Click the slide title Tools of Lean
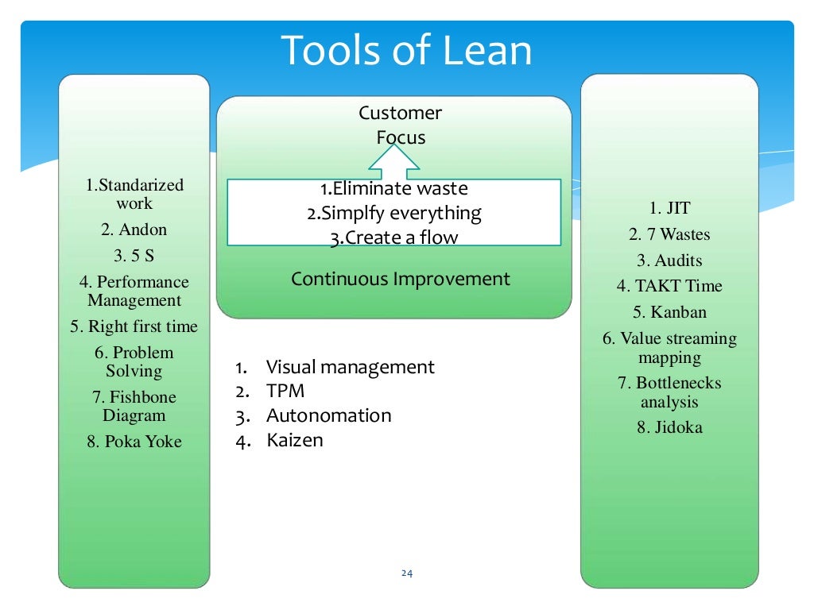click(x=406, y=52)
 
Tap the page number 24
click(x=408, y=573)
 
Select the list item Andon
click(x=134, y=230)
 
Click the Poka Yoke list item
click(x=134, y=442)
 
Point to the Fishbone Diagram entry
click(x=134, y=406)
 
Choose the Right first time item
click(x=134, y=326)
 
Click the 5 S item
click(x=134, y=257)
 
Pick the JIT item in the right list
click(x=669, y=209)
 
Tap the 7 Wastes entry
click(x=669, y=234)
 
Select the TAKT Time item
click(x=669, y=286)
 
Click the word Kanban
click(x=669, y=312)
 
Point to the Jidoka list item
click(x=669, y=427)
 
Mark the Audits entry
click(x=669, y=261)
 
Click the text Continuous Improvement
click(x=400, y=279)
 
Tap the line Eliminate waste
click(x=394, y=189)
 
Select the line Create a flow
click(x=394, y=237)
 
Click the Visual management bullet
click(x=350, y=367)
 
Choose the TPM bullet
click(x=285, y=392)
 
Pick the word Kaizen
click(x=294, y=440)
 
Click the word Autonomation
click(x=328, y=415)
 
